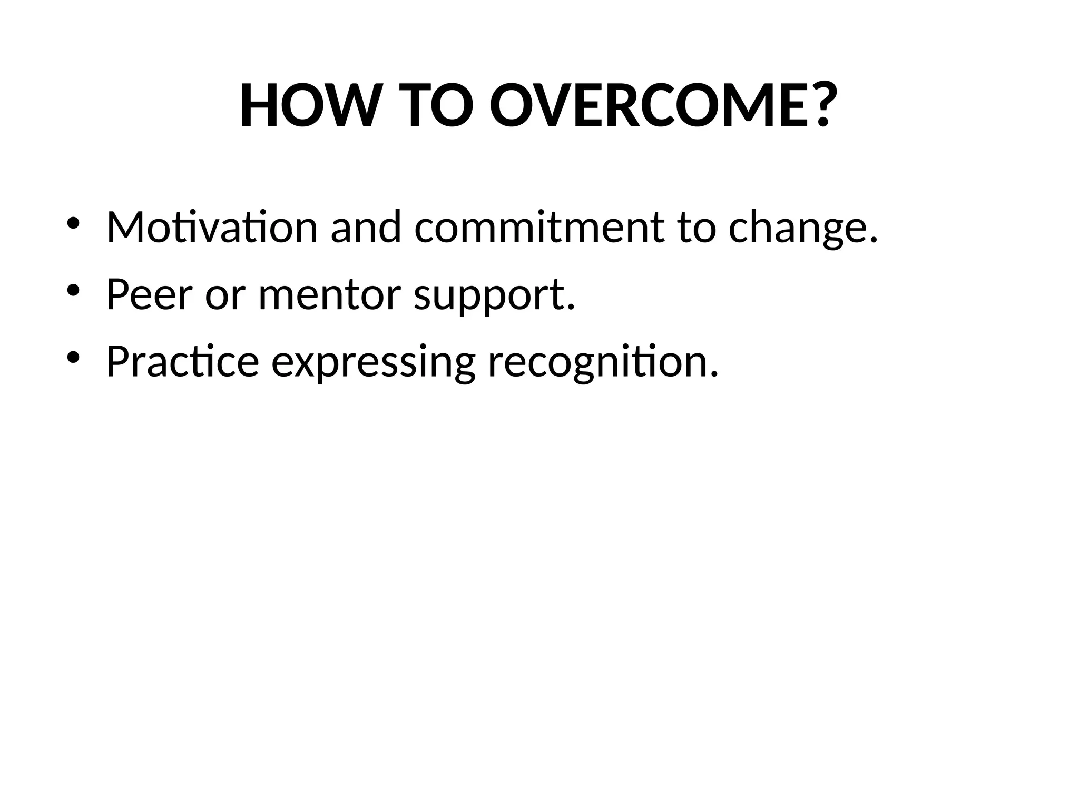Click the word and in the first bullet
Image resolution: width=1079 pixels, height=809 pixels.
(x=366, y=228)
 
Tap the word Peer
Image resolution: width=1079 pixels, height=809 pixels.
(x=149, y=294)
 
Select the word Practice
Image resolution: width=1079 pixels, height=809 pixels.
(x=182, y=362)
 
